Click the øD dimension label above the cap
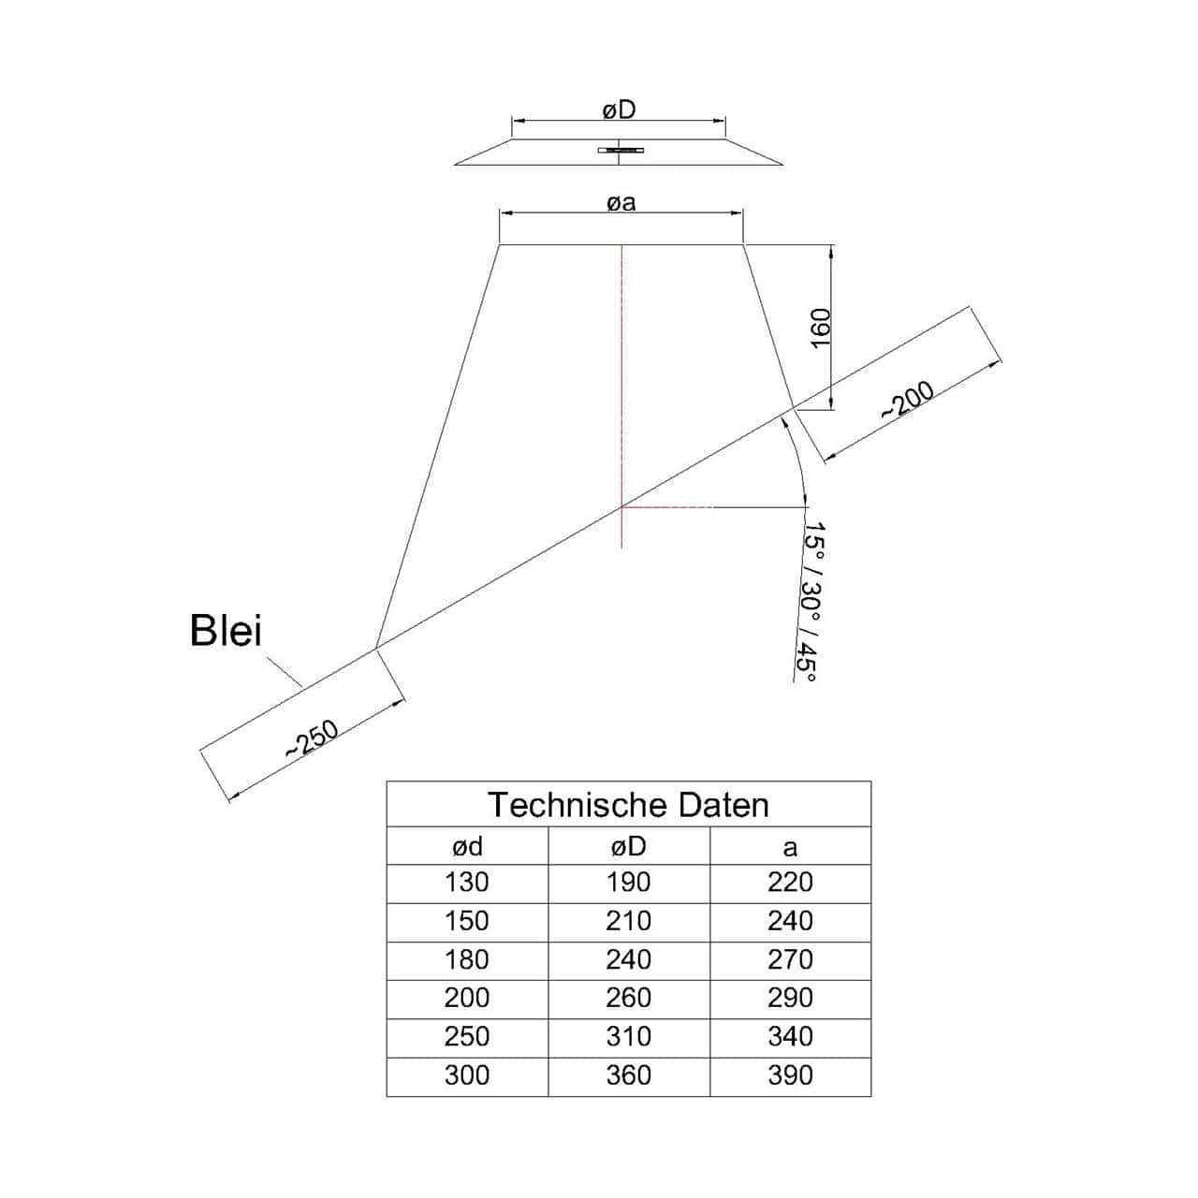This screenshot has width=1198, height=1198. [619, 110]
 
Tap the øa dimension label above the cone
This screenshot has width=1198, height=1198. [621, 203]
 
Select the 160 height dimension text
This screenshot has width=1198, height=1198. [821, 328]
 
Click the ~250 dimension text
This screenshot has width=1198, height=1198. [312, 738]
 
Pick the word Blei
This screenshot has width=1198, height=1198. [226, 631]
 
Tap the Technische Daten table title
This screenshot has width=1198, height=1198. [628, 805]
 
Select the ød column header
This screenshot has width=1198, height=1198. [467, 847]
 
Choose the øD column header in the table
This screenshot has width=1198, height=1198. [629, 847]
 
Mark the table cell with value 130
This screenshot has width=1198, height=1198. [467, 883]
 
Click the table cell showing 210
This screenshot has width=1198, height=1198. [629, 921]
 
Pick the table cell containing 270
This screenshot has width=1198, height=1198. [790, 959]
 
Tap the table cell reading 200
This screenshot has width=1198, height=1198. [467, 998]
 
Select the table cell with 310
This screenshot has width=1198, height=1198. [629, 1036]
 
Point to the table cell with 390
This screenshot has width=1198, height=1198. [790, 1074]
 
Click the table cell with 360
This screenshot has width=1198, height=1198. [629, 1074]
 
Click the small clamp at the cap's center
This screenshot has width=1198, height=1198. [621, 150]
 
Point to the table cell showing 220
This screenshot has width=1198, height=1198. [790, 883]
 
